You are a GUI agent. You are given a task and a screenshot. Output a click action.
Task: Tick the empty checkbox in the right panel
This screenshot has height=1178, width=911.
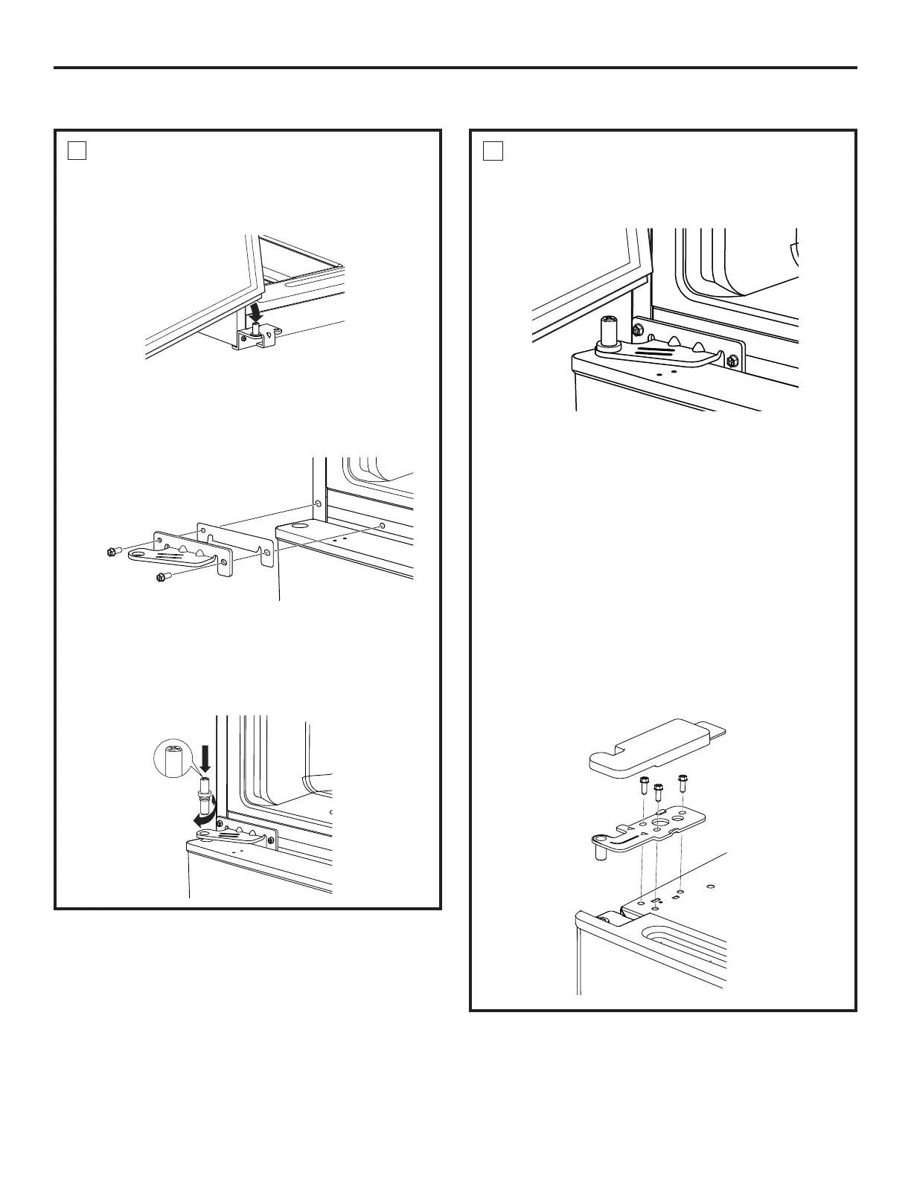493,151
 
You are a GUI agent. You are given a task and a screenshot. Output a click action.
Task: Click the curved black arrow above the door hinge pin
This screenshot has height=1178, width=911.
256,306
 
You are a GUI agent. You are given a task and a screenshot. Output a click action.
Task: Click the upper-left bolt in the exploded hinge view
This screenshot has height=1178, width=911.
113,551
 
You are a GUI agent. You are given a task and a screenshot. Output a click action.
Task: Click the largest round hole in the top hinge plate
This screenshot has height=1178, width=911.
657,825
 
